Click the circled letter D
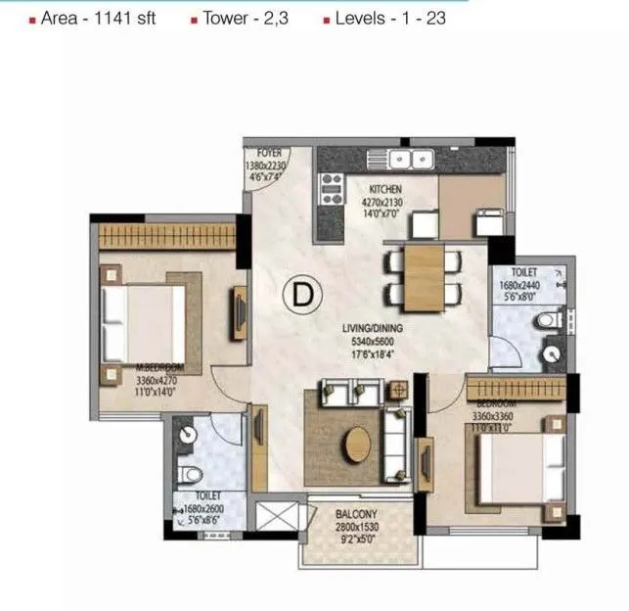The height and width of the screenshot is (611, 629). [x=304, y=292]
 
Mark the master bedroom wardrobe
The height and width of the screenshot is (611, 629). [x=167, y=236]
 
